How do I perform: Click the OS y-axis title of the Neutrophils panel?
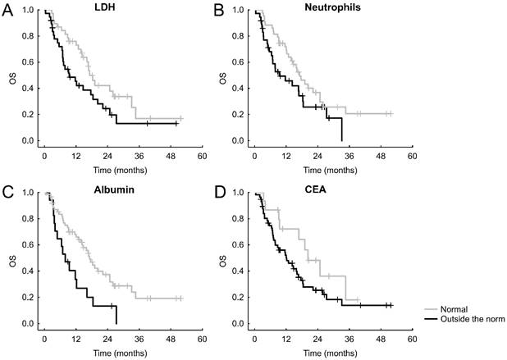[x=223, y=80]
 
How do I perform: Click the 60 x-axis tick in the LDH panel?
[x=201, y=154]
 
